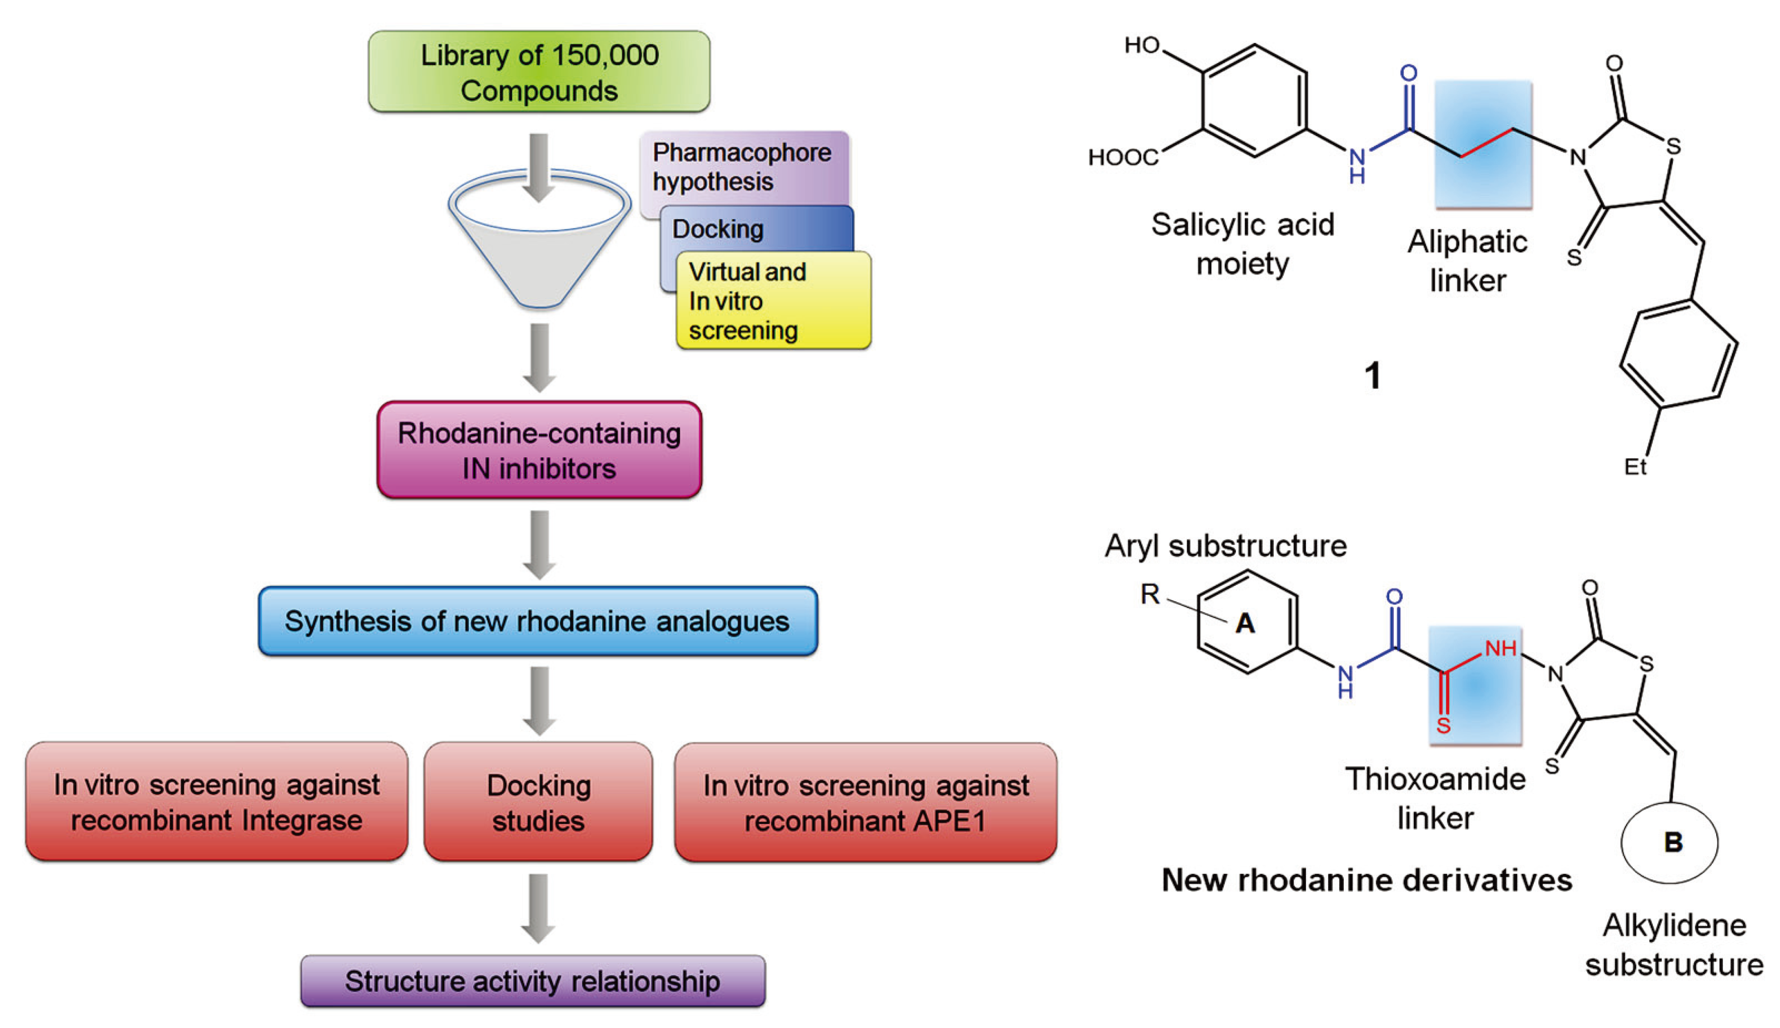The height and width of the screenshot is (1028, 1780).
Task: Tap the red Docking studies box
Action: (x=538, y=802)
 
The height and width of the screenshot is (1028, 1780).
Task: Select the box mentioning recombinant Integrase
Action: (x=217, y=802)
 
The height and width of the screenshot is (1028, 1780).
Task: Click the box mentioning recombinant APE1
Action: (x=865, y=803)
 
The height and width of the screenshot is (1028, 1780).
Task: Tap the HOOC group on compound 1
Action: (x=1122, y=157)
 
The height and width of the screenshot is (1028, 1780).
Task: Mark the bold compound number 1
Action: (x=1372, y=376)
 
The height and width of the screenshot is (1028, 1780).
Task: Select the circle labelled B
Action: (x=1670, y=842)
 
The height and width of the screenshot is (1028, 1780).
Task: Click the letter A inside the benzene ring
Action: (x=1245, y=623)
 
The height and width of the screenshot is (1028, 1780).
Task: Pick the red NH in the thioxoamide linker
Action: (x=1500, y=648)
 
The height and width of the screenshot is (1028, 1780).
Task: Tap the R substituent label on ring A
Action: (x=1150, y=594)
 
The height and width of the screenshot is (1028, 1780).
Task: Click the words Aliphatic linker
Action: (x=1467, y=261)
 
